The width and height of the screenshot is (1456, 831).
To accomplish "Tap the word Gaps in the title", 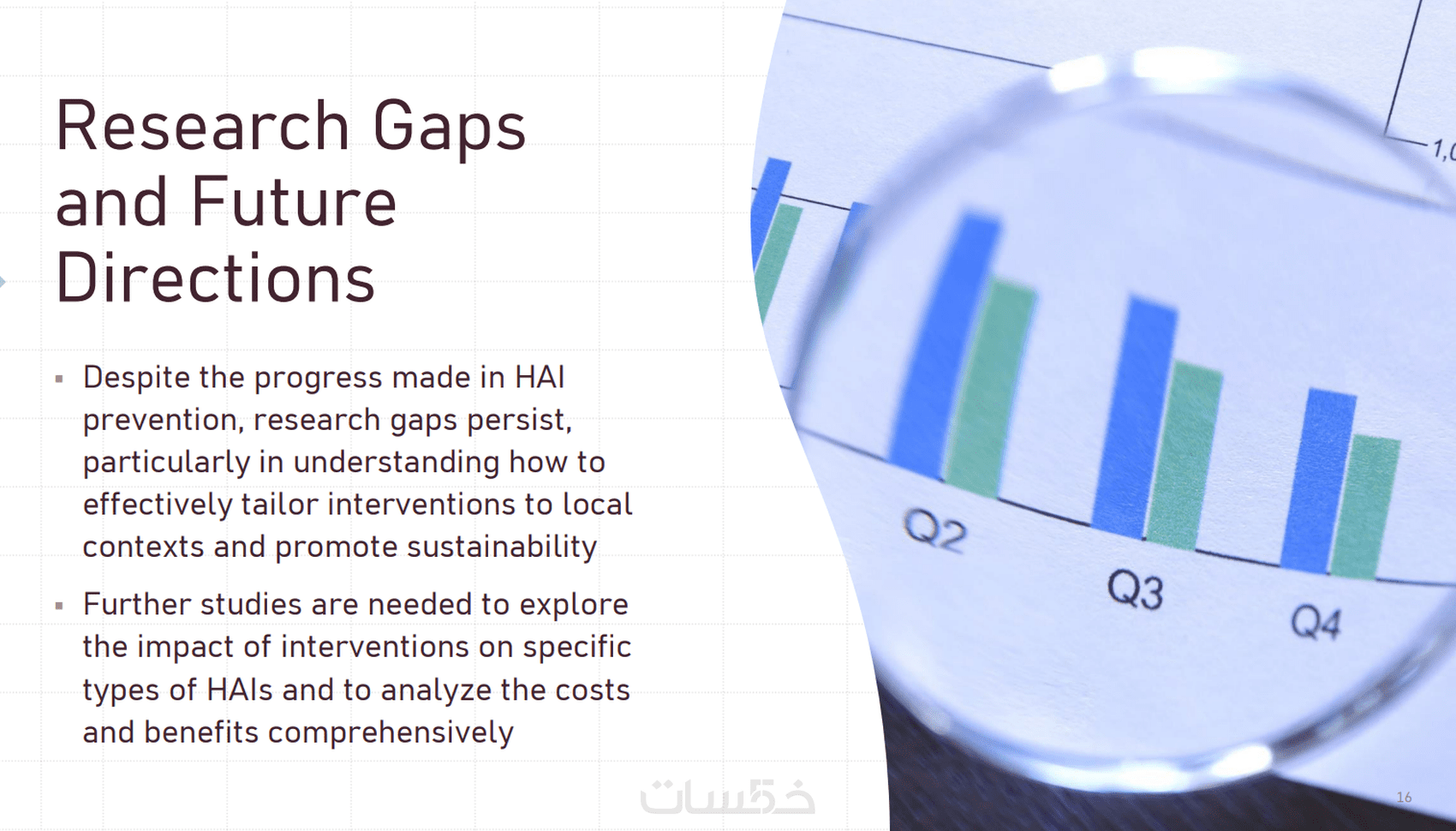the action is [449, 129].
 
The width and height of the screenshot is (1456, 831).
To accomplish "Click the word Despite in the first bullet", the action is [137, 378].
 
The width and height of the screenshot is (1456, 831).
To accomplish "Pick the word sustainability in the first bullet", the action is [501, 547].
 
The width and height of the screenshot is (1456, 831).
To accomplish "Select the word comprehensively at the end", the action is [391, 732].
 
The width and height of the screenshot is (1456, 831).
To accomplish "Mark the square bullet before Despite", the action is [59, 379].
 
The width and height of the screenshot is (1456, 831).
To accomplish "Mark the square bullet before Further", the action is [59, 606].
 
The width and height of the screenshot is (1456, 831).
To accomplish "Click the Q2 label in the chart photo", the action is [935, 530].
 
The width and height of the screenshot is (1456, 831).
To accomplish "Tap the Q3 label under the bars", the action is [1135, 589].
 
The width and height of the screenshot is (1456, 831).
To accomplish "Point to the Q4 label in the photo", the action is [1315, 622].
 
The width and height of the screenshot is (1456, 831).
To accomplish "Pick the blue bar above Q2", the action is [946, 344].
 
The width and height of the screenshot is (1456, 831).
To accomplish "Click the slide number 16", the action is [1404, 798].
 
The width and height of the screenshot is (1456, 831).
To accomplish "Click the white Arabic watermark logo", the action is [728, 795].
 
